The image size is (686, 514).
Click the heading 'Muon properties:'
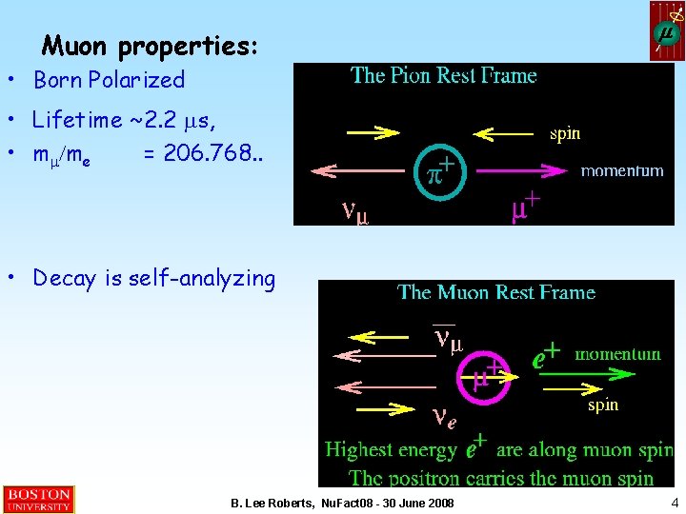click(151, 45)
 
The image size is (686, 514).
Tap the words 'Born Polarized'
click(109, 80)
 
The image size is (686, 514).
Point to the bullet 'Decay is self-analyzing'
click(153, 278)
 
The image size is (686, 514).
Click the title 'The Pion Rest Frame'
click(444, 76)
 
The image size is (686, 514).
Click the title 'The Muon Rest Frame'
click(496, 292)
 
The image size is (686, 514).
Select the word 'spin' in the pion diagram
click(565, 134)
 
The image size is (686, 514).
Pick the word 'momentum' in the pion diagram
click(622, 171)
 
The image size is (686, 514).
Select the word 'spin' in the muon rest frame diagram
click(602, 405)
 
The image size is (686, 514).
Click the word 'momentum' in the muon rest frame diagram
click(617, 354)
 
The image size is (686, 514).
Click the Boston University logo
click(38, 500)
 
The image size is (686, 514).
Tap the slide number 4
click(675, 503)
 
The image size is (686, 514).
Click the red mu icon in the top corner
click(667, 31)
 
